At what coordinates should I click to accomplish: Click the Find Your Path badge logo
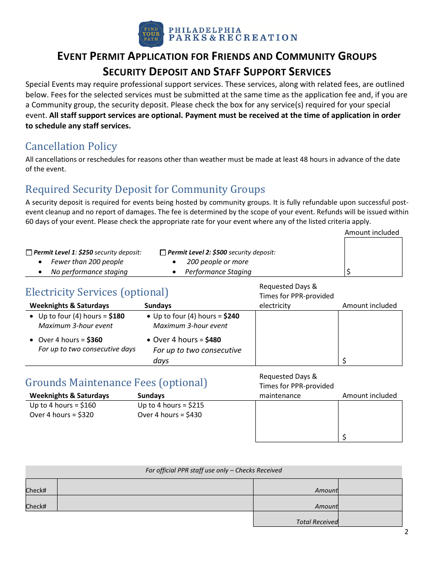click(151, 34)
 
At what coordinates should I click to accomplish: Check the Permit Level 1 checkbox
click(29, 253)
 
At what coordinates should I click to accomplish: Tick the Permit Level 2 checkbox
click(163, 253)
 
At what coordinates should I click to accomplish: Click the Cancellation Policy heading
click(71, 146)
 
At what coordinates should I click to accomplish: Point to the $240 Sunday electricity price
click(231, 316)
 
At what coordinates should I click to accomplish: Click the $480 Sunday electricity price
click(213, 340)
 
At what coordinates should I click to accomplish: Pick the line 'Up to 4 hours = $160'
click(63, 405)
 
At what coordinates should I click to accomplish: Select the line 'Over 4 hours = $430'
click(169, 415)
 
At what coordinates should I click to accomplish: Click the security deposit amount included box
click(373, 257)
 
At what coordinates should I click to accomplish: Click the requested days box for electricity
click(296, 338)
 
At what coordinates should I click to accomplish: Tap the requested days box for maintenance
click(296, 421)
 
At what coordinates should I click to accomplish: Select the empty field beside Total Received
click(370, 519)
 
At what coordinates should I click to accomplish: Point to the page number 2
click(406, 532)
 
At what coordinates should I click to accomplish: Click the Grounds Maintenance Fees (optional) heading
click(116, 382)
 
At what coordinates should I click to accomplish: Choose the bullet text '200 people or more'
click(217, 262)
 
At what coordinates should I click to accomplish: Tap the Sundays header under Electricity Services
click(158, 306)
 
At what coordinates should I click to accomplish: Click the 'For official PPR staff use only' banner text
click(213, 470)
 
